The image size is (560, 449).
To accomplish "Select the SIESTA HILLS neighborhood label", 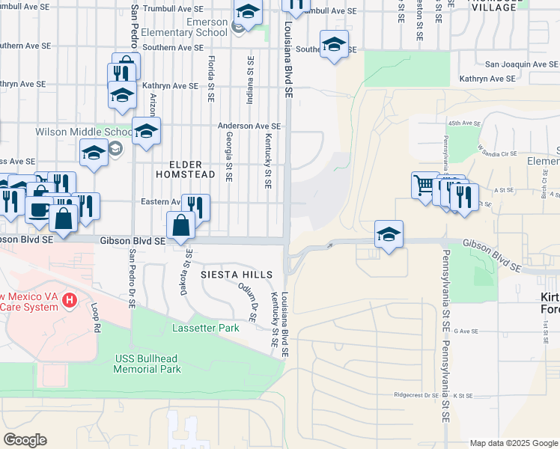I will coord(237,275).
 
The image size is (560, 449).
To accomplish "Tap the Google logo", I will coord(25,440).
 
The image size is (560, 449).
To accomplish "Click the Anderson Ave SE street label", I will coord(249,127).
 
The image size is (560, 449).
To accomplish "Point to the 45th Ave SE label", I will coord(464,122).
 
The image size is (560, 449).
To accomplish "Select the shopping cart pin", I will coord(424,184).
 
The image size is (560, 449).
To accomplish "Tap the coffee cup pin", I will coord(39,210).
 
